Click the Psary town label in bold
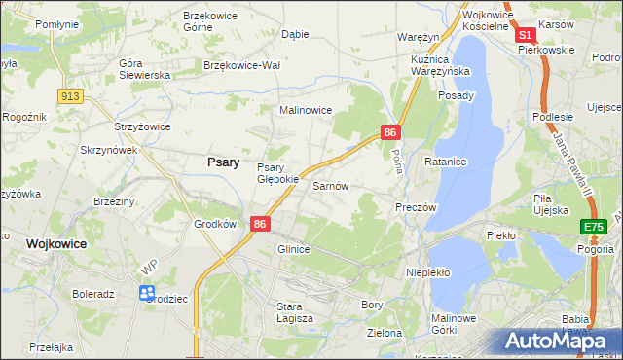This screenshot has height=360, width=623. pyautogui.click(x=224, y=162)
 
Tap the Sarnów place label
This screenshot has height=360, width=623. pyautogui.click(x=330, y=185)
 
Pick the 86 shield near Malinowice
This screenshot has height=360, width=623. pyautogui.click(x=390, y=132)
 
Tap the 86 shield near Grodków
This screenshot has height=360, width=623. pyautogui.click(x=260, y=224)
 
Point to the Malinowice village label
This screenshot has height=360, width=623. pyautogui.click(x=307, y=111)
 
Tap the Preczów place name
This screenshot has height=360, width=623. pyautogui.click(x=416, y=207)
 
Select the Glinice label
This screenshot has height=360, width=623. pyautogui.click(x=293, y=249)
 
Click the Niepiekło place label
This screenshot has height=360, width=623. pyautogui.click(x=428, y=272)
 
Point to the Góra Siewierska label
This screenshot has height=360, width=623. pyautogui.click(x=144, y=69)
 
